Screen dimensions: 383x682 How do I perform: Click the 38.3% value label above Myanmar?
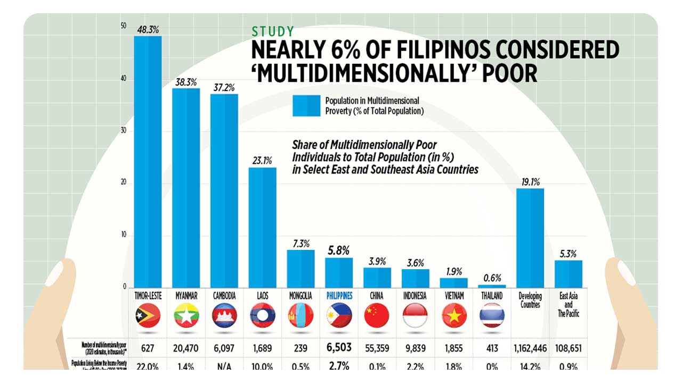pos(186,82)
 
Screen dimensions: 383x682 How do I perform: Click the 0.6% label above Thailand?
pos(492,278)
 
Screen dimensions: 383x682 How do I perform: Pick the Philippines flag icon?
pos(339,315)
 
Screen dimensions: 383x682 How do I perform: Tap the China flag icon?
pos(377,315)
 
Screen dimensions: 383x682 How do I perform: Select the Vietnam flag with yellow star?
pos(454,315)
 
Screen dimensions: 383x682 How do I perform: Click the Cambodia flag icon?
pos(224,315)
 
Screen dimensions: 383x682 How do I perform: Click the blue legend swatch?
pos(306,105)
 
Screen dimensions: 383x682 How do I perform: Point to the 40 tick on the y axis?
pos(124,79)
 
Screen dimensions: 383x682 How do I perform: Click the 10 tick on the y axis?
pos(124,235)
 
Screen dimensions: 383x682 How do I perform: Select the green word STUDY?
pos(272,31)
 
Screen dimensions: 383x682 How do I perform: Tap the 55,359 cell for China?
pos(377,348)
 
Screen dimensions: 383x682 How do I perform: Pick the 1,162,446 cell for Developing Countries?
pos(531,348)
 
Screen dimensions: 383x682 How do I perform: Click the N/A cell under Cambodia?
pos(224,366)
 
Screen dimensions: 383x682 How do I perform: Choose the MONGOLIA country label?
pos(301,296)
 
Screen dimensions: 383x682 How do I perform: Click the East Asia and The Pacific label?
pos(569,305)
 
